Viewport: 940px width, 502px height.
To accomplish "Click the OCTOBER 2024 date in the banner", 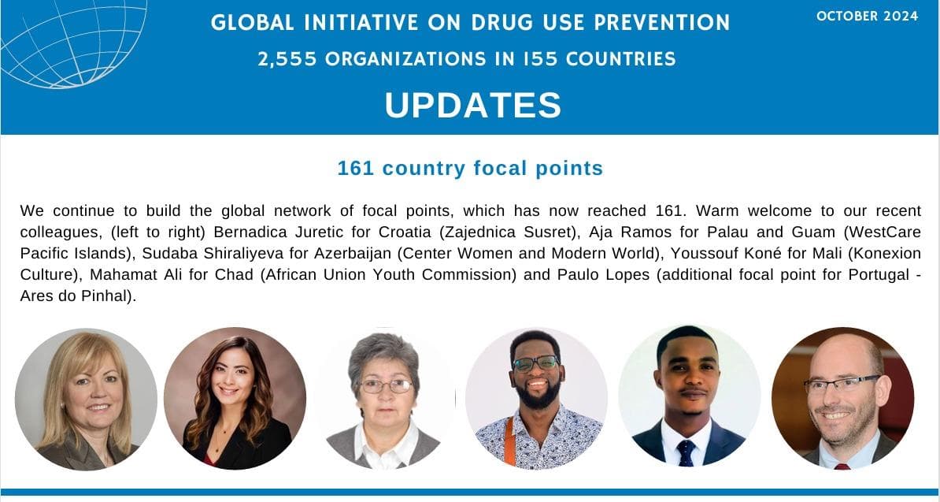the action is [867, 17].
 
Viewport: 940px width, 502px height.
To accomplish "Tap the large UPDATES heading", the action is [473, 106].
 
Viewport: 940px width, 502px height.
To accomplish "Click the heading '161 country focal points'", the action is [470, 169].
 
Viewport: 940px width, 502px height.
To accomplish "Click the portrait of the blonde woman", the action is [86, 399].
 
